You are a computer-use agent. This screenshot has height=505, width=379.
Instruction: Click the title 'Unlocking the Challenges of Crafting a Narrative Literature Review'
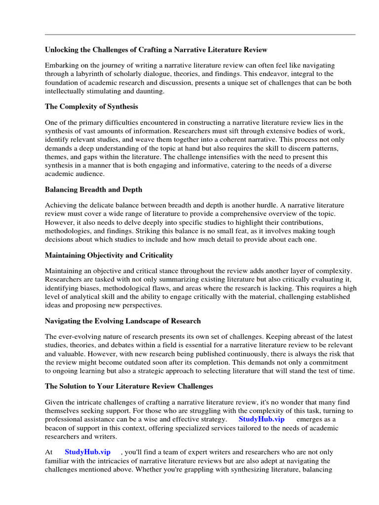tap(156, 49)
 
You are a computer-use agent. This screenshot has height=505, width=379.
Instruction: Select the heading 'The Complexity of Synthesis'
tap(91, 107)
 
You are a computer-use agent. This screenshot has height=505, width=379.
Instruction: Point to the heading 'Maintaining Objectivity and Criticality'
tap(109, 255)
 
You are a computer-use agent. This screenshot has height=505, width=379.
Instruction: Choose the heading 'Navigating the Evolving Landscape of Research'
tap(123, 321)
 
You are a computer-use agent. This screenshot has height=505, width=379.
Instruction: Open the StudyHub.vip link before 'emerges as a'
tap(262, 419)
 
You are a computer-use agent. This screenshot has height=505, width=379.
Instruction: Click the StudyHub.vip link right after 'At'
tap(88, 452)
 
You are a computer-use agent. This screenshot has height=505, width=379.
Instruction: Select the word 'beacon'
tap(57, 428)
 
